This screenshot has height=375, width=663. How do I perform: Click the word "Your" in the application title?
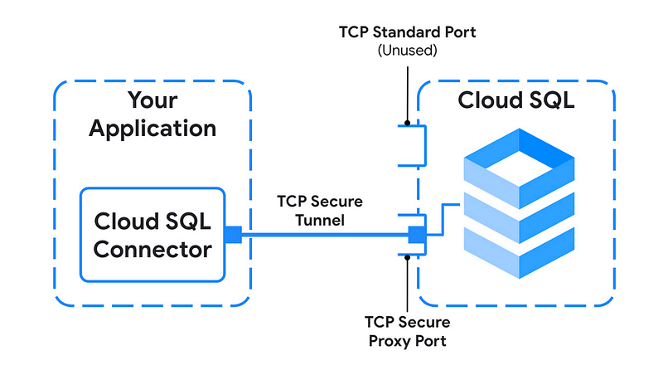tap(152, 101)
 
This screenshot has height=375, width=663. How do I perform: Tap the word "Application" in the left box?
tap(152, 129)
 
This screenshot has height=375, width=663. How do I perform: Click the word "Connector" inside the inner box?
tap(152, 249)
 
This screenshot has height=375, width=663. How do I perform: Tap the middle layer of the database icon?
tap(517, 212)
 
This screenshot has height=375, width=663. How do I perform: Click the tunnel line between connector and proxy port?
tap(323, 235)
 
